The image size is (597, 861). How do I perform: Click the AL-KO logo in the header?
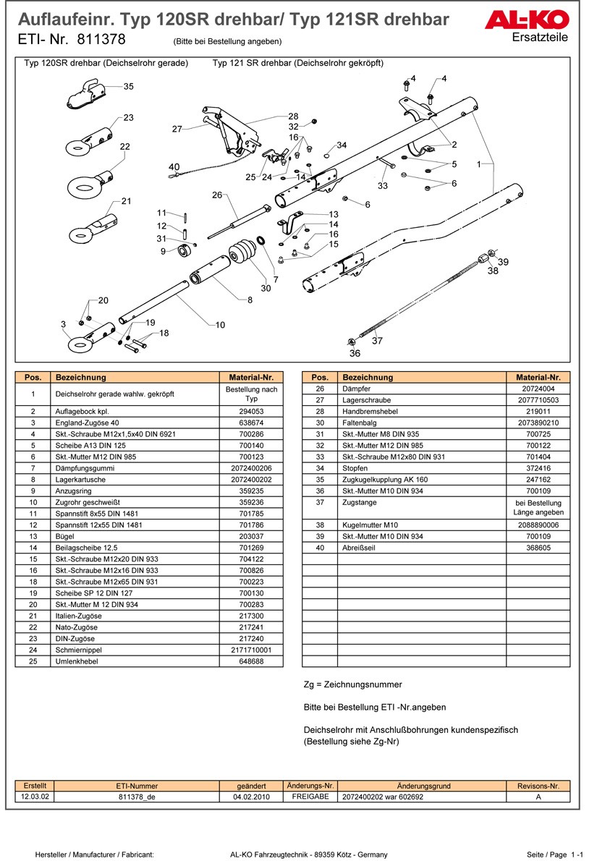coord(537,20)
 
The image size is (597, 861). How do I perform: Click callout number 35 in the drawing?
coord(129,87)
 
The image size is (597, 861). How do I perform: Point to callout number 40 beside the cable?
coord(174,167)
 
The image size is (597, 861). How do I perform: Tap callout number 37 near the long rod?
coord(377,340)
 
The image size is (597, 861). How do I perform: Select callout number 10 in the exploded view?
coord(220,325)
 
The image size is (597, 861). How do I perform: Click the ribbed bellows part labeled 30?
coord(243,256)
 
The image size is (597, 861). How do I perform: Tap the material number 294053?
coord(251,411)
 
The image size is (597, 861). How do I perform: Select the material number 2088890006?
coord(538,525)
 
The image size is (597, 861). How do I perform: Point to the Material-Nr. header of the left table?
coord(251,377)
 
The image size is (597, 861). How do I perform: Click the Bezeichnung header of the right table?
coord(367,377)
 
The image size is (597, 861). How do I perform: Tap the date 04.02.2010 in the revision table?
coord(251,796)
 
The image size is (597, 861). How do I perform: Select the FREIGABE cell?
coord(310,796)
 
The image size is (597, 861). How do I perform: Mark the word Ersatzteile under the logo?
coord(539,38)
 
